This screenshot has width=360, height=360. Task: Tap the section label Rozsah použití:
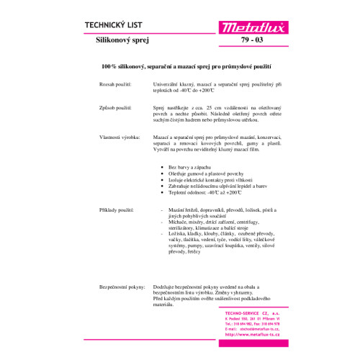pyautogui.click(x=116, y=85)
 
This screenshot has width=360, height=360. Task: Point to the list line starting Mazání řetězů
pyautogui.click(x=216, y=208)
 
